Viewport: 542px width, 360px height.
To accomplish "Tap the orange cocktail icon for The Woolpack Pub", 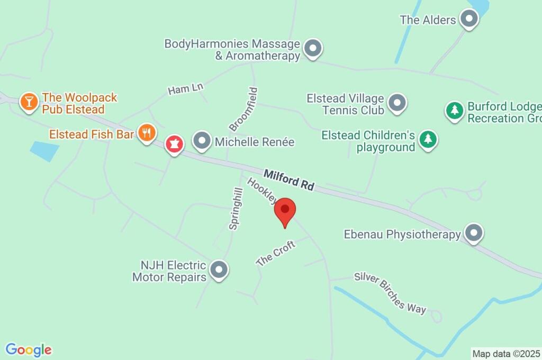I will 29,101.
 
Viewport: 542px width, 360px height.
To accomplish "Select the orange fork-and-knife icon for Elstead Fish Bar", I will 147,133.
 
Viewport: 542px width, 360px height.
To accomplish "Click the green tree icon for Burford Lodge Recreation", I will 454,111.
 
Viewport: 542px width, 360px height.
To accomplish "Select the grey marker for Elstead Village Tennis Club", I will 397,103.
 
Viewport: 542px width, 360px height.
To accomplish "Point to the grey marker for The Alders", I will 468,20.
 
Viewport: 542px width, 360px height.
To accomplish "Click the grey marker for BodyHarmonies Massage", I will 313,49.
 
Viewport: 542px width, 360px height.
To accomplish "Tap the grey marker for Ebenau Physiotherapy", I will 473,233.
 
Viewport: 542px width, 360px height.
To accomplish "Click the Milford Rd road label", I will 289,179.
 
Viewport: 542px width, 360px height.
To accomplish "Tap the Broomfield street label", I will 243,109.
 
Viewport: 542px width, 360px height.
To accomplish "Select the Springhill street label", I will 236,209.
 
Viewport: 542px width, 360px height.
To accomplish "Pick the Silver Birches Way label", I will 390,292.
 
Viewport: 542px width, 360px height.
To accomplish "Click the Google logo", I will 29,349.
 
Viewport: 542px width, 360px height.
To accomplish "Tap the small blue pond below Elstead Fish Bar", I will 44,150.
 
